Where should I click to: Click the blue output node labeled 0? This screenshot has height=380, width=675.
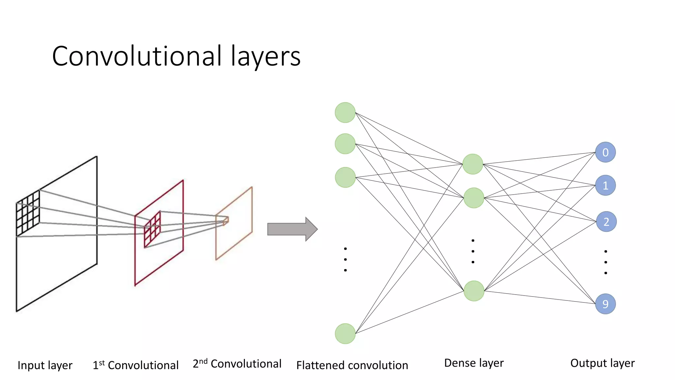(605, 152)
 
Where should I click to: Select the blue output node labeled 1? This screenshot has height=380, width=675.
(605, 185)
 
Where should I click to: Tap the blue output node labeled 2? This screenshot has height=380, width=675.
(606, 222)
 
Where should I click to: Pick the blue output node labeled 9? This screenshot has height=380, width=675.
(605, 304)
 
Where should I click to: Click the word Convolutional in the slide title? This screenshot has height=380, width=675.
(137, 56)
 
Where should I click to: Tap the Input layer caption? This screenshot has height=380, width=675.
(45, 365)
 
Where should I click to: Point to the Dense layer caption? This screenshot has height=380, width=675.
(474, 363)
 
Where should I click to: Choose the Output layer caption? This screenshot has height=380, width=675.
(602, 363)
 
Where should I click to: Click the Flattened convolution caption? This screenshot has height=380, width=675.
(352, 365)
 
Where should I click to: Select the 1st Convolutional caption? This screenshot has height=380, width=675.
(135, 365)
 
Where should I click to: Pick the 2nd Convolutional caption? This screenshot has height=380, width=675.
(237, 364)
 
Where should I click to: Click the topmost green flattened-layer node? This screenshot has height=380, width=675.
(345, 112)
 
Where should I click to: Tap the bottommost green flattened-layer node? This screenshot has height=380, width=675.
(345, 333)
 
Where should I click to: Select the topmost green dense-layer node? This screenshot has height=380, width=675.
(473, 164)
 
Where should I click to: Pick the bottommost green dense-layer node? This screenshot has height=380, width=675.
(474, 291)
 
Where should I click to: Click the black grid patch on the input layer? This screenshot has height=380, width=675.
(28, 213)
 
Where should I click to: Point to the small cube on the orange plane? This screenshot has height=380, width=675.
(226, 221)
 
